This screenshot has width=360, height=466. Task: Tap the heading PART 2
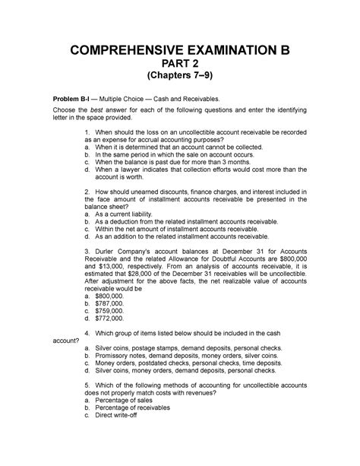coord(180,68)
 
